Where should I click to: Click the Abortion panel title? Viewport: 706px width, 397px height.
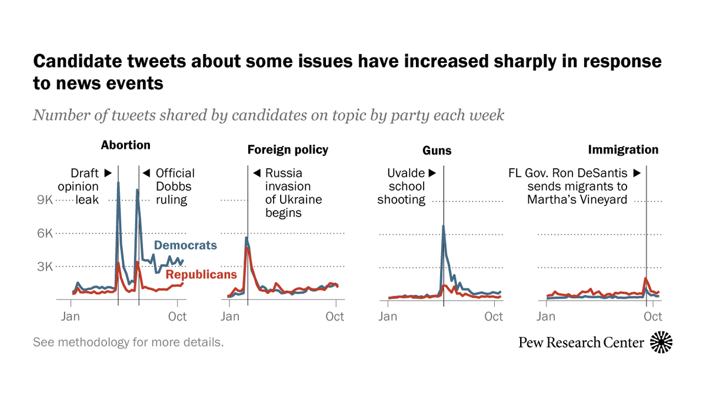[x=125, y=145]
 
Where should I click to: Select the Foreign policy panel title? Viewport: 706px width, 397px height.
[x=288, y=150]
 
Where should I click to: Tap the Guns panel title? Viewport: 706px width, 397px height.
[x=437, y=151]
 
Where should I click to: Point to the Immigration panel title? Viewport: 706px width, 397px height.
[x=623, y=150]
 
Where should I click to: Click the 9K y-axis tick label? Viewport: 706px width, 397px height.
[x=45, y=200]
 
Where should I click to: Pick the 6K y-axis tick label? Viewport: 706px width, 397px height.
[x=45, y=233]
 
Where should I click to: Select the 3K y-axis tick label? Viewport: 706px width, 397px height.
[x=45, y=266]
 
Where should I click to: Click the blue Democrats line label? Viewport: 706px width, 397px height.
[x=185, y=245]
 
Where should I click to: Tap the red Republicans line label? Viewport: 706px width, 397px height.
[x=201, y=275]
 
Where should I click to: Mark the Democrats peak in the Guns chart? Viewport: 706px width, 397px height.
[x=443, y=226]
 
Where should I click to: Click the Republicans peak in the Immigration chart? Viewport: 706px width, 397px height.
[x=646, y=278]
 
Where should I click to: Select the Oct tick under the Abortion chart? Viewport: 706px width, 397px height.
[x=177, y=316]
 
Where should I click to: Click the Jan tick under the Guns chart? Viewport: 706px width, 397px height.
[x=388, y=316]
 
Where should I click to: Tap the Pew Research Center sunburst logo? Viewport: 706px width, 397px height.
[x=661, y=342]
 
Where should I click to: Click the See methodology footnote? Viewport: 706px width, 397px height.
[x=128, y=342]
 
